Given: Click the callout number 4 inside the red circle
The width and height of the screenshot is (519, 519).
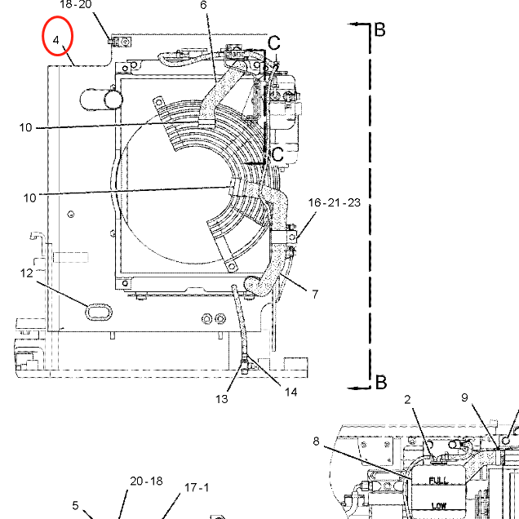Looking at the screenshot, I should pyautogui.click(x=56, y=39).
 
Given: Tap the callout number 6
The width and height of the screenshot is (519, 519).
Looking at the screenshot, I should pyautogui.click(x=203, y=5).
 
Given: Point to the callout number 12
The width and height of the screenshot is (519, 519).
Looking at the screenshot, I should pyautogui.click(x=28, y=273).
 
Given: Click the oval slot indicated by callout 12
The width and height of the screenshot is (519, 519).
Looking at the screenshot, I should pyautogui.click(x=99, y=310).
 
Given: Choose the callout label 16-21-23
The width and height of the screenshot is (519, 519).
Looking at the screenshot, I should pyautogui.click(x=334, y=202).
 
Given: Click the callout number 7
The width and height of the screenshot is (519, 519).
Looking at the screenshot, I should pyautogui.click(x=314, y=294).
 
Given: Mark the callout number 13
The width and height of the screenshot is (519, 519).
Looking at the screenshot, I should pyautogui.click(x=222, y=398).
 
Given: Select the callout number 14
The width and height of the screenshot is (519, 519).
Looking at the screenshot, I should pyautogui.click(x=291, y=392).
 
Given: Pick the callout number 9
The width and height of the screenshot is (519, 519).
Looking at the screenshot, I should pyautogui.click(x=464, y=398).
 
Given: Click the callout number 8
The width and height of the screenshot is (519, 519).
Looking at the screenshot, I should pyautogui.click(x=316, y=441).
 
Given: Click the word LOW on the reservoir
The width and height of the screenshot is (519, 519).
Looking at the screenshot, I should pyautogui.click(x=438, y=506).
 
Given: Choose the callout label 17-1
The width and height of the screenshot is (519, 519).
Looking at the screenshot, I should pyautogui.click(x=196, y=488).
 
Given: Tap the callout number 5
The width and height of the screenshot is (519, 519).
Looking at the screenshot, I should pyautogui.click(x=75, y=505).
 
